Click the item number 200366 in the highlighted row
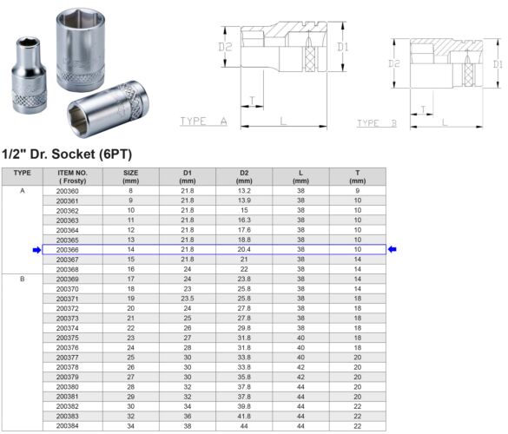click(x=66, y=249)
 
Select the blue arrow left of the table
click(x=36, y=250)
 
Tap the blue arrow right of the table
click(x=393, y=250)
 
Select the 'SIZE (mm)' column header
click(x=131, y=176)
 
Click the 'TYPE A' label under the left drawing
click(x=203, y=122)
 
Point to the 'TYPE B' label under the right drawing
click(x=376, y=124)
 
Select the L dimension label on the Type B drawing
click(x=445, y=122)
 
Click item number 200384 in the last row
click(x=66, y=427)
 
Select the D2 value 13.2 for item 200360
click(x=244, y=190)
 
